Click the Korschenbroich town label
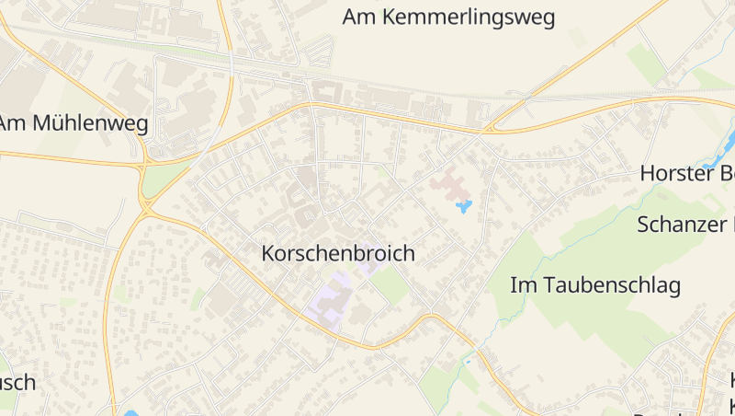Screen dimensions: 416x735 (x=338, y=253)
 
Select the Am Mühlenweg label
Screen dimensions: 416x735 (x=73, y=124)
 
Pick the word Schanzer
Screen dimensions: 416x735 (x=678, y=224)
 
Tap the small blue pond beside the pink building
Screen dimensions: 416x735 (x=464, y=206)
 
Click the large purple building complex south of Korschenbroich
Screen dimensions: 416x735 (x=331, y=296)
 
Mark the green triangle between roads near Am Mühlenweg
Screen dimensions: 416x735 (x=164, y=178)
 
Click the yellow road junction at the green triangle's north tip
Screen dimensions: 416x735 (x=145, y=166)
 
